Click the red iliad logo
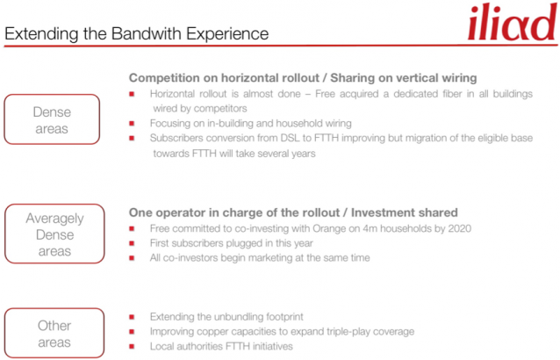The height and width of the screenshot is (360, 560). click(513, 22)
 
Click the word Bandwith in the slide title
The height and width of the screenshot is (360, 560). click(146, 34)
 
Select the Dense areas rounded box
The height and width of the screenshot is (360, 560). click(52, 119)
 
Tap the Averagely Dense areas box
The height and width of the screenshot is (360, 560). click(54, 234)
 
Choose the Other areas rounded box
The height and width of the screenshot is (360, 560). click(54, 333)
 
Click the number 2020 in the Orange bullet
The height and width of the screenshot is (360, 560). click(460, 228)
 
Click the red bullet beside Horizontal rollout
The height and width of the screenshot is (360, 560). click(132, 94)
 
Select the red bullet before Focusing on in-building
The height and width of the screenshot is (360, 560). click(132, 124)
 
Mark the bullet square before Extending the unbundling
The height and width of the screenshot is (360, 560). click(132, 317)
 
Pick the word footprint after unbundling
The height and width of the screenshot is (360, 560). click(284, 317)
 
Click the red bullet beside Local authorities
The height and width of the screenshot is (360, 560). click(132, 347)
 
